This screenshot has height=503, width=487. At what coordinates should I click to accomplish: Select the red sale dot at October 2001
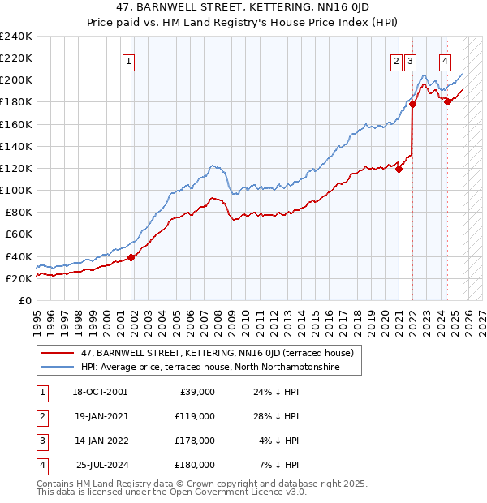point(131,257)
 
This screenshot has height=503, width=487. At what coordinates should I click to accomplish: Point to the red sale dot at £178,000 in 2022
point(412,104)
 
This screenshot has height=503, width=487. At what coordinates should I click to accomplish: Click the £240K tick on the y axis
point(16,37)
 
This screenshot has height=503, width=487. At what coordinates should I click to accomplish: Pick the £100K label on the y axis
point(16,190)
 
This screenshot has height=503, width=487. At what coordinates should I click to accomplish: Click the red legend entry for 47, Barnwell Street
point(216,353)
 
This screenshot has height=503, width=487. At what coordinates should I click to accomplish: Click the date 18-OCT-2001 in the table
point(100,392)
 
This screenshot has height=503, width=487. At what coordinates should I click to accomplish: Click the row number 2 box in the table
point(41,416)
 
